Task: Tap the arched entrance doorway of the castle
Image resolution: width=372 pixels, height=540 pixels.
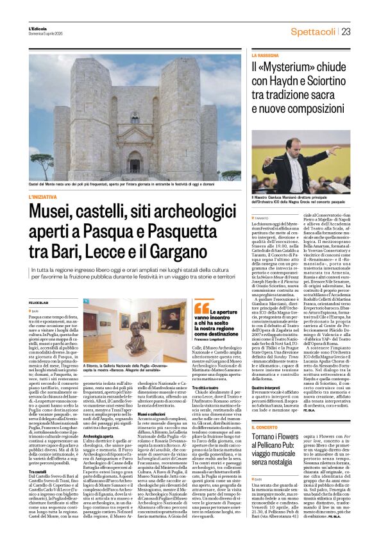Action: [x=134, y=163]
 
